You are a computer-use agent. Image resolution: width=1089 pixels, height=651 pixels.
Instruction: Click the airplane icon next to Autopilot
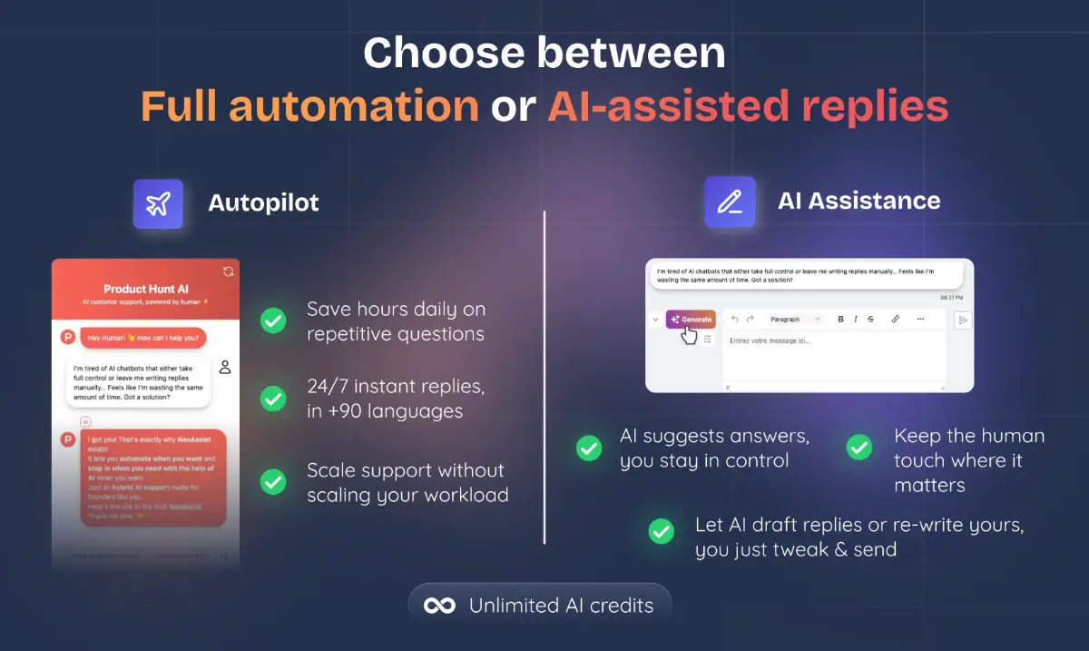point(158,203)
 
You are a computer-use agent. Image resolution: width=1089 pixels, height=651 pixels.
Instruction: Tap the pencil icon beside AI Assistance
point(730,202)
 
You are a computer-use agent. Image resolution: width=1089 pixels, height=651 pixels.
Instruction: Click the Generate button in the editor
point(691,320)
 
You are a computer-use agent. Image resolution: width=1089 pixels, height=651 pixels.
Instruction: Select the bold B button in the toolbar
point(841,320)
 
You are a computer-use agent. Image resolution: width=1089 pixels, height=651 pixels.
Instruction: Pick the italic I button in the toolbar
point(856,320)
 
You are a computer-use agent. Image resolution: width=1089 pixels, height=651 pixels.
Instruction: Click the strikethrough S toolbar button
point(870,320)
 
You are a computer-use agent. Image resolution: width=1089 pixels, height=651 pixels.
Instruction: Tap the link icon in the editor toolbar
point(896,320)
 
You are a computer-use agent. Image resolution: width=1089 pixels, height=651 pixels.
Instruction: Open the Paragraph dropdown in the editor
point(795,320)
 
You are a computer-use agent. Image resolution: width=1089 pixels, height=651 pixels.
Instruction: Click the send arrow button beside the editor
point(963,320)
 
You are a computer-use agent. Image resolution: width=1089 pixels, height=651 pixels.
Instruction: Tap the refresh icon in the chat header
point(229,271)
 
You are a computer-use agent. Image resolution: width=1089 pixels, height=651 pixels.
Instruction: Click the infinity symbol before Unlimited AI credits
point(440,606)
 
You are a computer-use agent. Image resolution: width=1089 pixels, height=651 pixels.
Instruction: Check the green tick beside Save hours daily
point(273,321)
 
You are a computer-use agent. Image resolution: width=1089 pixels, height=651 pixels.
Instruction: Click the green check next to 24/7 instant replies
point(273,399)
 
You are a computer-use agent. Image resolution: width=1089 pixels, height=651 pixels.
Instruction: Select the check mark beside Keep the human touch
point(858,448)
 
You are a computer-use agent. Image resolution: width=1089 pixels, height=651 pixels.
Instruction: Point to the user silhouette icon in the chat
point(225,367)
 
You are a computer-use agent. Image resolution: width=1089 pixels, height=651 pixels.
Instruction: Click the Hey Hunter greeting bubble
point(143,338)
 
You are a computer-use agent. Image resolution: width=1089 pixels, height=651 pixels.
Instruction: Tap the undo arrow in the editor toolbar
point(734,320)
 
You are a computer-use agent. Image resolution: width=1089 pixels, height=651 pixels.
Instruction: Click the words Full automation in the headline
point(309,107)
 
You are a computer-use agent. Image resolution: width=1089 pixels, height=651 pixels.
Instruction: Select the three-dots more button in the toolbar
point(920,320)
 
